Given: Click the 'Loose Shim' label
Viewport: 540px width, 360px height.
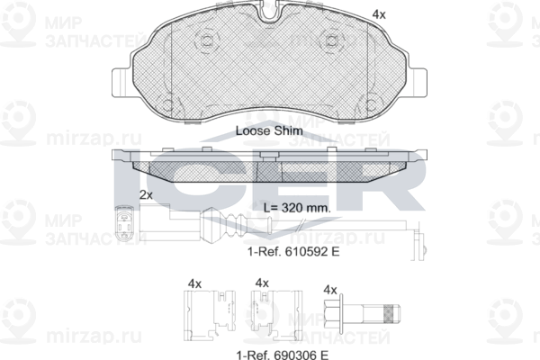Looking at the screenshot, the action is pos(269,130).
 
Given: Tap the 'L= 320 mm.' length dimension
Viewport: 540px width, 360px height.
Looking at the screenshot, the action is pos(297,208).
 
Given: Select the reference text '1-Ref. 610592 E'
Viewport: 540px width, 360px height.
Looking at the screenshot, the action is pos(293,252).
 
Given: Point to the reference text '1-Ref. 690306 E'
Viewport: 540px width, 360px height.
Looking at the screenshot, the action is pos(282,355).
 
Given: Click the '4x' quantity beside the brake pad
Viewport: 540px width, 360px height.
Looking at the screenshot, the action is pos(379,14).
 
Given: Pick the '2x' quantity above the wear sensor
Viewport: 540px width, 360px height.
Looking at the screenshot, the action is pos(146,195).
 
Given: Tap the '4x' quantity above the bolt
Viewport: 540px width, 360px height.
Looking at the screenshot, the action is pos(330,290).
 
